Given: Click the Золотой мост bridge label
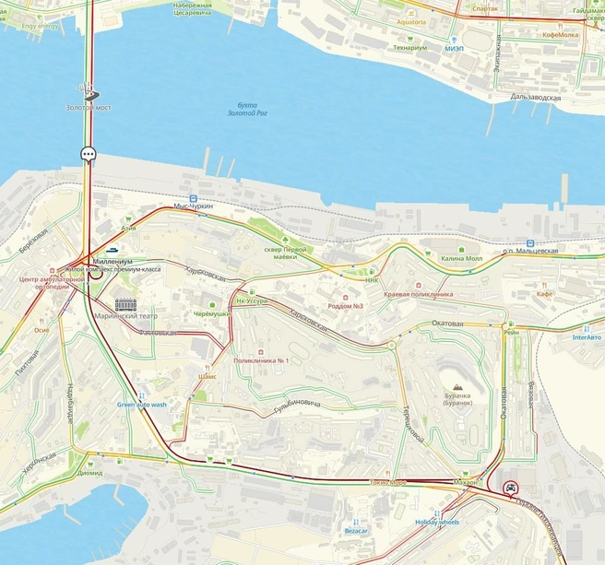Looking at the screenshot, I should tap(89, 108).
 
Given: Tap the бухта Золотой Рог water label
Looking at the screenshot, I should tap(244, 109).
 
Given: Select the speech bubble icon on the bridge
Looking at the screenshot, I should tap(89, 154).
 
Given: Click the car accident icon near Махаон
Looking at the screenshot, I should tap(509, 488).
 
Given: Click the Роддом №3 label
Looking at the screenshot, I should tap(346, 306).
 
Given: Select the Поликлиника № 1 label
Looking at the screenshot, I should tap(262, 360).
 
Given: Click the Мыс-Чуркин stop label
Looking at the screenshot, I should tap(194, 206).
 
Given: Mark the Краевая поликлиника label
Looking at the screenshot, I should tap(419, 294).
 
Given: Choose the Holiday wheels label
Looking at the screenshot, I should tap(436, 523).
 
